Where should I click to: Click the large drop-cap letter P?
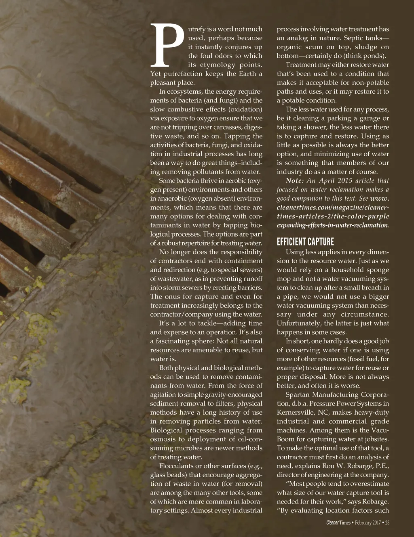[167, 45]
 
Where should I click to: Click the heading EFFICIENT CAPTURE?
[305, 242]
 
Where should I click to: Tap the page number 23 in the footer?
[387, 523]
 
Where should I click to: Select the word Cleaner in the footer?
[332, 523]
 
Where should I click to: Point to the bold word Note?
[295, 180]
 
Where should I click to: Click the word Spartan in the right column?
[298, 394]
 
